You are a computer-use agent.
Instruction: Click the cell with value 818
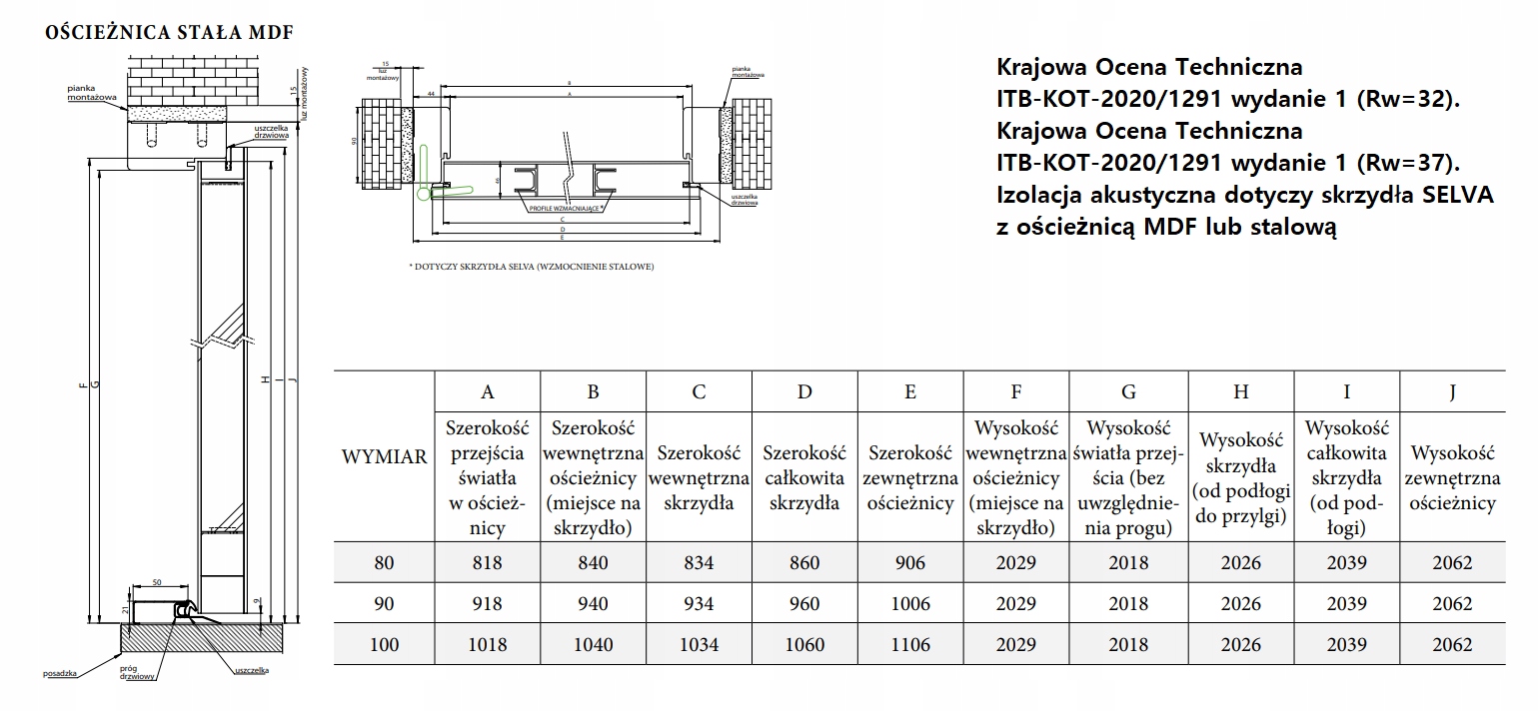pos(488,563)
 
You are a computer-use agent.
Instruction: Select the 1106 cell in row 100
pos(909,645)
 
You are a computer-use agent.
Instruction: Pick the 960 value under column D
pos(803,604)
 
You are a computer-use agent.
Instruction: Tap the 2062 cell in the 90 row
pos(1452,604)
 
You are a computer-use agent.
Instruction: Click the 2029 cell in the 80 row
pos(1016,563)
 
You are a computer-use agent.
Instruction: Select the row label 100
pos(384,645)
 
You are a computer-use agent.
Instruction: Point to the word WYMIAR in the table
pos(384,457)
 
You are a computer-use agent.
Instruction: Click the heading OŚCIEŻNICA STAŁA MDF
pos(169,31)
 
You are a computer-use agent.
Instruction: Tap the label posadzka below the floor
pos(61,675)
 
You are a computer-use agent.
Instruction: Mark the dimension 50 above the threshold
pos(158,582)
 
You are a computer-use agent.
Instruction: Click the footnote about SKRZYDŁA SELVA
pos(531,267)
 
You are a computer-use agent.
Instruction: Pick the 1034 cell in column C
pos(698,645)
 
